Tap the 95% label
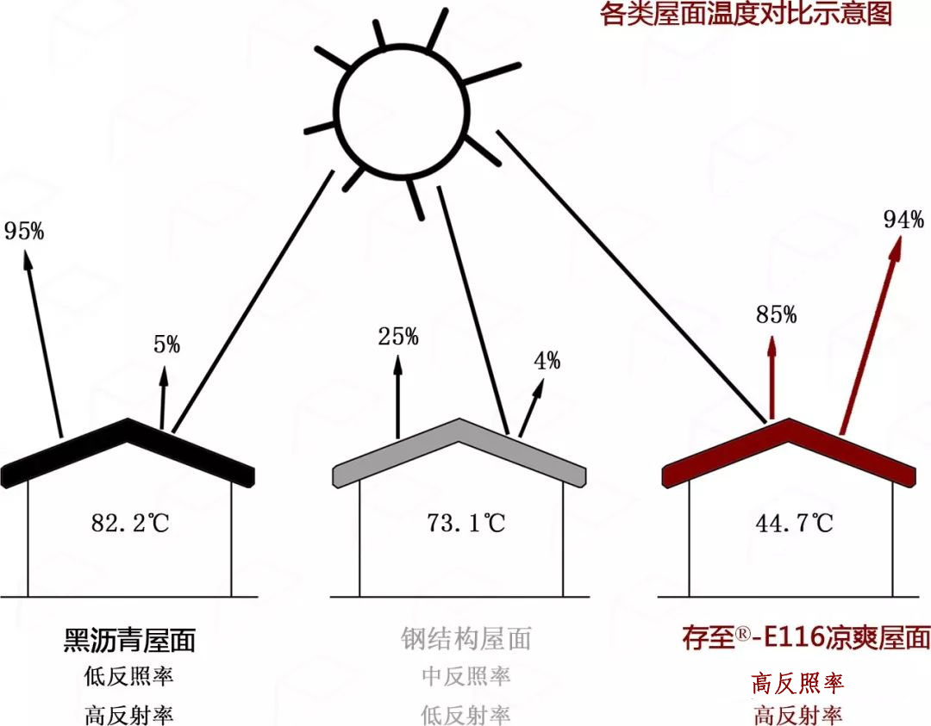(x=24, y=231)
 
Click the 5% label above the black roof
(x=166, y=345)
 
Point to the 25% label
(x=398, y=337)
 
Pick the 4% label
(x=547, y=361)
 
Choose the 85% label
(x=776, y=315)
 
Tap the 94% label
(x=903, y=220)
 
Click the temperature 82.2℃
(x=131, y=522)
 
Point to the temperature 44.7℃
(x=795, y=522)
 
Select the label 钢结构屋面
(x=465, y=638)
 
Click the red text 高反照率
(x=797, y=684)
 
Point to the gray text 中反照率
(x=465, y=677)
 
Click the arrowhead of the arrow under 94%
(x=896, y=248)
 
